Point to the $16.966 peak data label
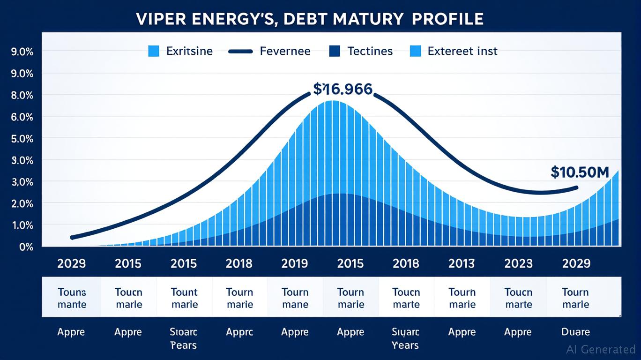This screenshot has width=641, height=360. pyautogui.click(x=343, y=89)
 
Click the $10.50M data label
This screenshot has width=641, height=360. pyautogui.click(x=580, y=172)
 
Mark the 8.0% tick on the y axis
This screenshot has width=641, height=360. pyautogui.click(x=22, y=95)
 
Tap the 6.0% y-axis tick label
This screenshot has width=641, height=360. pyautogui.click(x=22, y=117)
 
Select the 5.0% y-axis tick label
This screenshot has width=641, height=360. pyautogui.click(x=22, y=138)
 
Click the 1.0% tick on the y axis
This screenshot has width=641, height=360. pyautogui.click(x=22, y=225)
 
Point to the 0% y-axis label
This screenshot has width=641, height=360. pyautogui.click(x=26, y=247)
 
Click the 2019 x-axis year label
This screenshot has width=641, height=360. pyautogui.click(x=295, y=263)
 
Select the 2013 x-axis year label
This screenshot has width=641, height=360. pyautogui.click(x=462, y=263)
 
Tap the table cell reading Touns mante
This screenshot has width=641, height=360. pyautogui.click(x=72, y=298)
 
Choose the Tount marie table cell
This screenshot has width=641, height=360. pyautogui.click(x=184, y=298)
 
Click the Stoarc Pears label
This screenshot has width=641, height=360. pyautogui.click(x=184, y=338)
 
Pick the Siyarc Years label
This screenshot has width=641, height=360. pyautogui.click(x=405, y=338)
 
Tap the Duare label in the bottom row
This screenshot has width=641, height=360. pyautogui.click(x=576, y=332)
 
